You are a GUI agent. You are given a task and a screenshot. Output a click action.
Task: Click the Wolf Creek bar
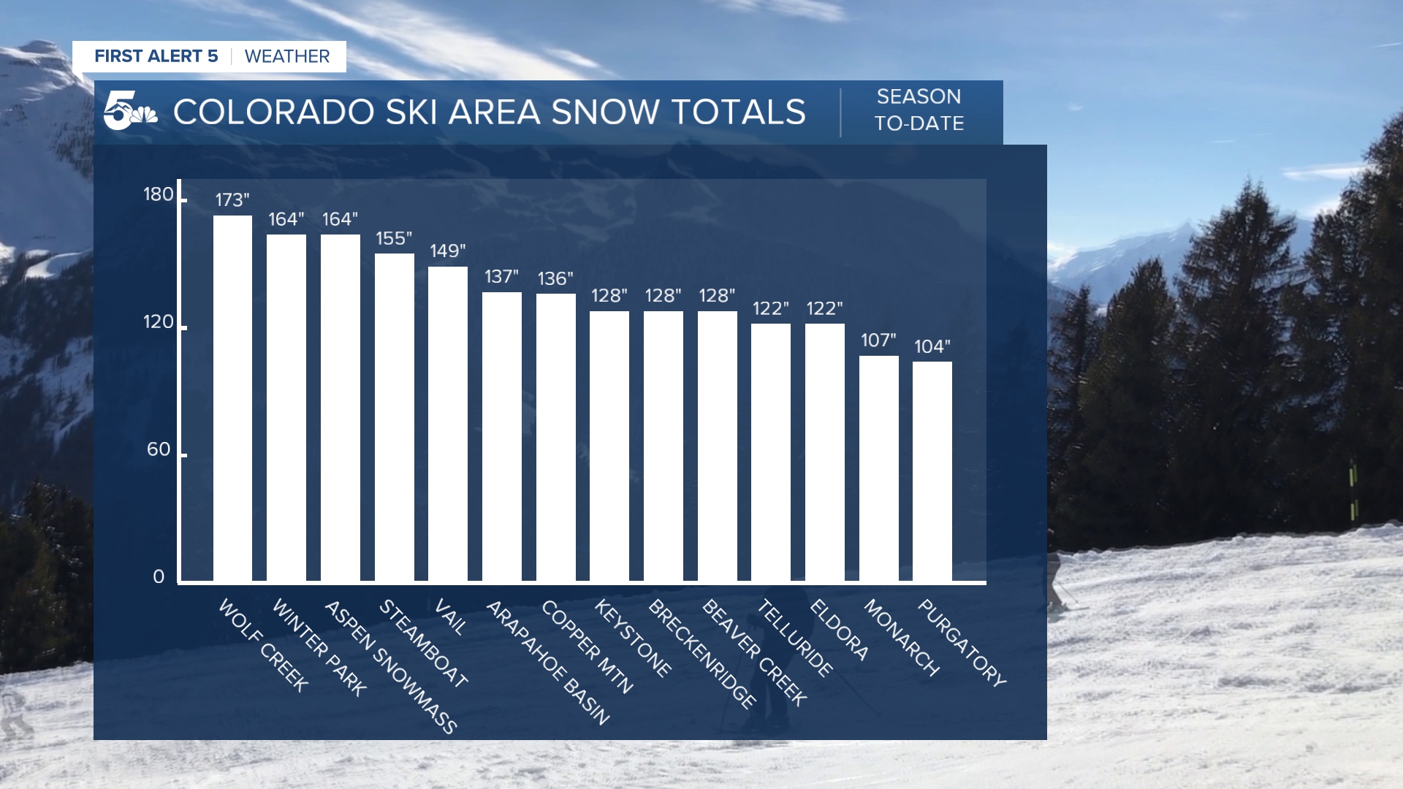(232, 398)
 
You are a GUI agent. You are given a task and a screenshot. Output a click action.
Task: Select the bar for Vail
(447, 424)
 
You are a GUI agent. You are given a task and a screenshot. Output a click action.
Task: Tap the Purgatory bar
(932, 471)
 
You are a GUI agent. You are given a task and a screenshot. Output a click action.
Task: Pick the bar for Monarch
(878, 468)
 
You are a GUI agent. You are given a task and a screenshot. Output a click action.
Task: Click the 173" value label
(232, 200)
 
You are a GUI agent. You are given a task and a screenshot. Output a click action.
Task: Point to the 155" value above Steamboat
(394, 239)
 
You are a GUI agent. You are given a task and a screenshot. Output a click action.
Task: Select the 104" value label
(932, 347)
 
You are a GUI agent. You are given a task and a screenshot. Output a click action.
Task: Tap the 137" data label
(501, 277)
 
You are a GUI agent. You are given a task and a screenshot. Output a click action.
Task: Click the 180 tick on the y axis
(159, 194)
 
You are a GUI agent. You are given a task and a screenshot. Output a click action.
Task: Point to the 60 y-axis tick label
(159, 449)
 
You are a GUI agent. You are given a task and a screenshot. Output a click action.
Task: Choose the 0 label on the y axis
(159, 577)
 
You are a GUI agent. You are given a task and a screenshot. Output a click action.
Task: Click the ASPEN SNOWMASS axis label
(390, 666)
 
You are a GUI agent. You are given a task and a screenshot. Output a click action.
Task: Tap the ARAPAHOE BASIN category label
(547, 662)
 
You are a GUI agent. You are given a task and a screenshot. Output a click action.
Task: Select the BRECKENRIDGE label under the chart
(702, 653)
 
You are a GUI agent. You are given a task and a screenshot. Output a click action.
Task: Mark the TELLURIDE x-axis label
(795, 637)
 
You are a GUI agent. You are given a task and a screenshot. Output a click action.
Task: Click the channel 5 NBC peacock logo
(130, 111)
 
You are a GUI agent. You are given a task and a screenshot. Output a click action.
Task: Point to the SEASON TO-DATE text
(919, 110)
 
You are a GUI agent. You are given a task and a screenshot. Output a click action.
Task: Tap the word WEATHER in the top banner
(287, 57)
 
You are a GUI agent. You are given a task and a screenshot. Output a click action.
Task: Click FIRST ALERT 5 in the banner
(156, 57)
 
